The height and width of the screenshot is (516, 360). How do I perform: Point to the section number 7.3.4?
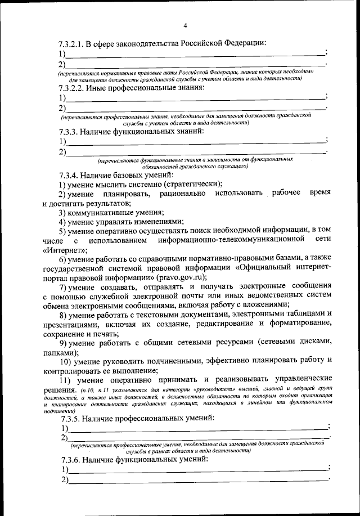coord(70,175)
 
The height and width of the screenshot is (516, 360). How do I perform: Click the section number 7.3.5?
coord(70,418)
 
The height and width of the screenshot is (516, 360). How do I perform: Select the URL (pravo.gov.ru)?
coord(182,277)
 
